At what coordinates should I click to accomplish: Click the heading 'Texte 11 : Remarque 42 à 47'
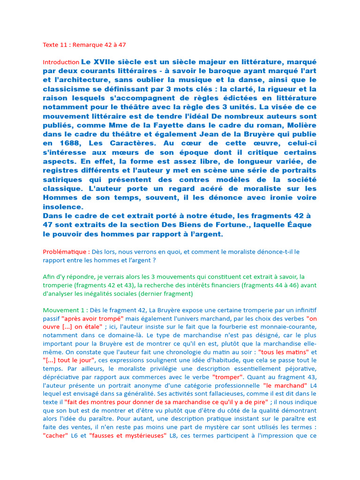[84, 45]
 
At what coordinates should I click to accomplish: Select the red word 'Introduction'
[61, 62]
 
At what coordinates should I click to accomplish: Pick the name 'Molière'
[298, 125]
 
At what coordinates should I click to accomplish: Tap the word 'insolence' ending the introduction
[63, 206]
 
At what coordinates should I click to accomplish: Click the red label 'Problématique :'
[67, 252]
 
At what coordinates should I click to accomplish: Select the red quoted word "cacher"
[55, 435]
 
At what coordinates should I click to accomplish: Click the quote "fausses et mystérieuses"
[127, 435]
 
